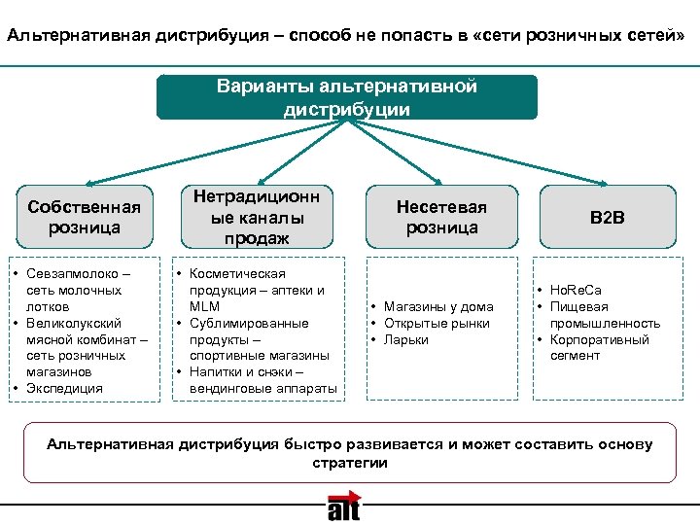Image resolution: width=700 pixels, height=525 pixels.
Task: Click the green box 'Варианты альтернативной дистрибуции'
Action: click(347, 98)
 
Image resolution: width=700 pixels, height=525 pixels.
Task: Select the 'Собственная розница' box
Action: click(85, 216)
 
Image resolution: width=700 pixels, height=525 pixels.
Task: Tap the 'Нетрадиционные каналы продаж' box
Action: click(258, 216)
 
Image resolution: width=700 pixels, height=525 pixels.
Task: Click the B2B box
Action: click(608, 216)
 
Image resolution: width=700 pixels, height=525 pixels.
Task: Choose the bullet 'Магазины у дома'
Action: click(437, 306)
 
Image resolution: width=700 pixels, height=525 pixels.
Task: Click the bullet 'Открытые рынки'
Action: click(437, 323)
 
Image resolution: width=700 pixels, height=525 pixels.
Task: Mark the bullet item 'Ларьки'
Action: click(406, 339)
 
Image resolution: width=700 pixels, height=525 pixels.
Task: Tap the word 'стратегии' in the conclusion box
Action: click(349, 463)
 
